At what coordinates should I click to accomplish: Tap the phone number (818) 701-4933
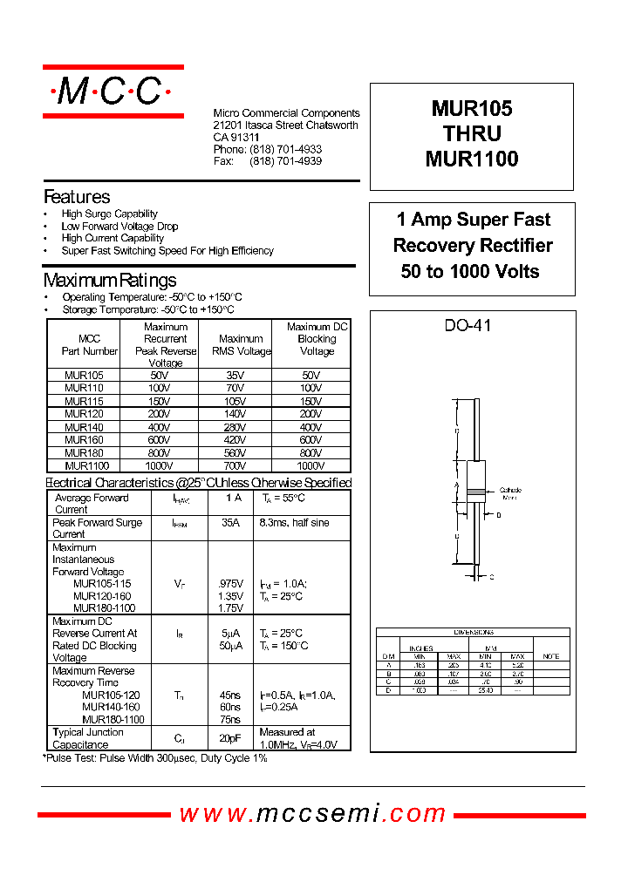point(285,150)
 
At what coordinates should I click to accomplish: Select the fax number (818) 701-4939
point(285,161)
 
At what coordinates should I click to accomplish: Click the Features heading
point(77,197)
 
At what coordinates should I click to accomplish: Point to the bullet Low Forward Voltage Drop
point(119,226)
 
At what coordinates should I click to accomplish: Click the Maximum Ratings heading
point(110,280)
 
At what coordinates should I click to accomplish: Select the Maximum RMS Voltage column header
point(242,345)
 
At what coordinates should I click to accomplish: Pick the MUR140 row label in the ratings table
point(84,427)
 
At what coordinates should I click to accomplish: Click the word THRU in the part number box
point(472,134)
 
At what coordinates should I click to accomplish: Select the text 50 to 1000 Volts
point(470,271)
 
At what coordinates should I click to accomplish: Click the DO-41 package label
point(468,325)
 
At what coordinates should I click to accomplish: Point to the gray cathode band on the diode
point(475,492)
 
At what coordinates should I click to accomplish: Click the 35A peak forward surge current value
point(230,523)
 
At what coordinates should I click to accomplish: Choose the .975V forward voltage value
point(230,583)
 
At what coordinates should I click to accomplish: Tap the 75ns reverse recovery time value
point(230,720)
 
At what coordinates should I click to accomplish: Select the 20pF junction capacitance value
point(230,738)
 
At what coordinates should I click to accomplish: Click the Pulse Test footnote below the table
point(155,758)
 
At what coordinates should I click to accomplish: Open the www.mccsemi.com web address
point(313,813)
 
